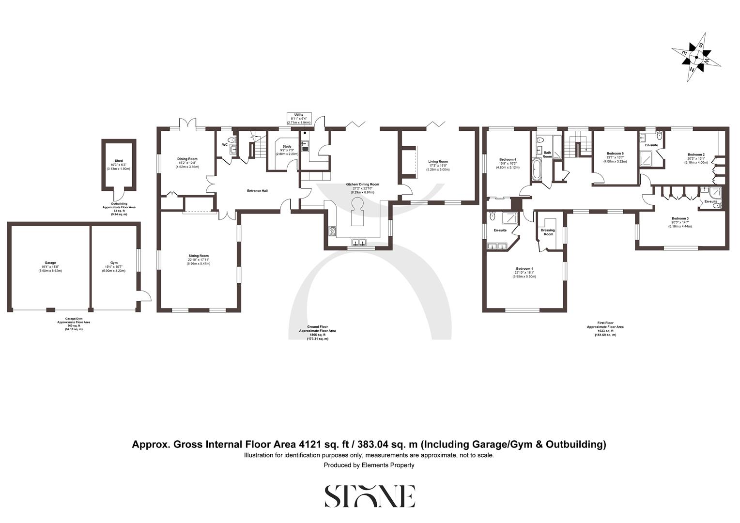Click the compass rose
click(x=696, y=57)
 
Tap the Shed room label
click(x=119, y=161)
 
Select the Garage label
click(x=50, y=262)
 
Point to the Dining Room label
click(x=187, y=159)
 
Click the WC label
click(x=225, y=144)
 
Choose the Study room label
click(x=287, y=146)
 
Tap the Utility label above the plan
click(x=299, y=115)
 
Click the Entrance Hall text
click(x=257, y=191)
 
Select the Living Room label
click(x=438, y=162)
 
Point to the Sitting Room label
click(x=199, y=256)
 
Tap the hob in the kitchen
click(x=332, y=231)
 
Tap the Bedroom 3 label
click(x=680, y=218)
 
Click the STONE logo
click(x=370, y=496)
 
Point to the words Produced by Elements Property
click(x=369, y=465)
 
